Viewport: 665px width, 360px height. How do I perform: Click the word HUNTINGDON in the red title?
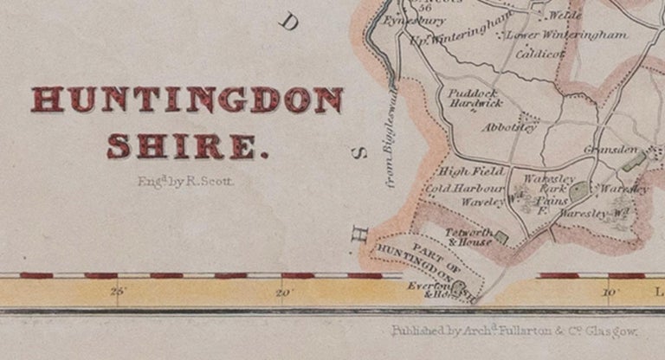click(186, 100)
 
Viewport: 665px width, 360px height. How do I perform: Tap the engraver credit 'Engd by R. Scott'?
click(185, 182)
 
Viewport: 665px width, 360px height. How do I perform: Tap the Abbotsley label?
click(510, 126)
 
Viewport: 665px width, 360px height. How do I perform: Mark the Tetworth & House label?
click(468, 236)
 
